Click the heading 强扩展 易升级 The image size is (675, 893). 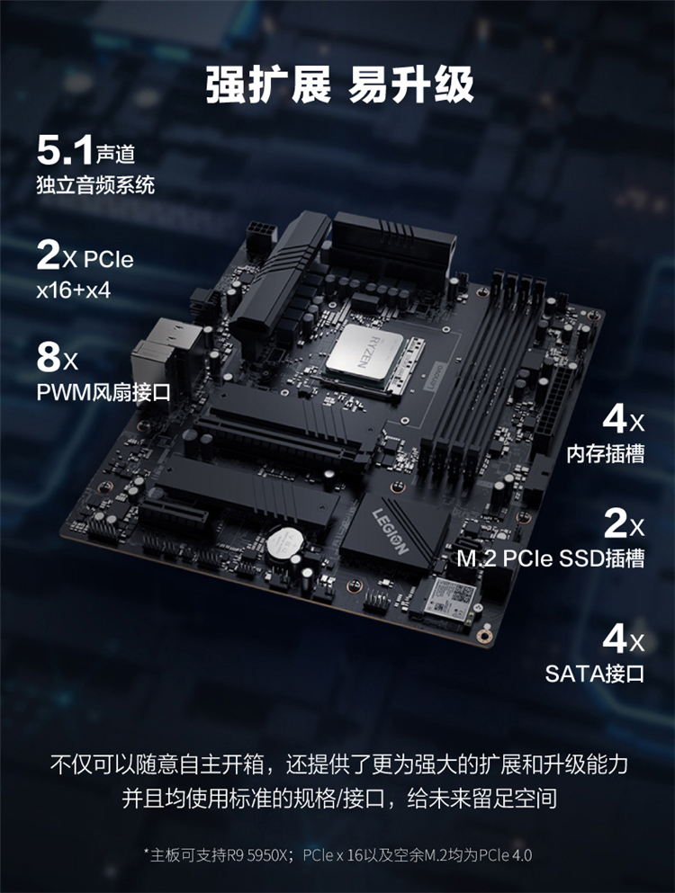pyautogui.click(x=339, y=85)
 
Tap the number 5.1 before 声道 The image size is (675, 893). pyautogui.click(x=65, y=150)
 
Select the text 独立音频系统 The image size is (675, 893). pyautogui.click(x=95, y=185)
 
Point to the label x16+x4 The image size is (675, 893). pyautogui.click(x=74, y=290)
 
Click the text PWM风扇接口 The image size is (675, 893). pyautogui.click(x=103, y=392)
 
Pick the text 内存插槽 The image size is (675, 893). pyautogui.click(x=606, y=453)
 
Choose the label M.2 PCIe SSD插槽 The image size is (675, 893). pyautogui.click(x=551, y=558)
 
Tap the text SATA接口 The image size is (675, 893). pyautogui.click(x=595, y=674)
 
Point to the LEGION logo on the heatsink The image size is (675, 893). pyautogui.click(x=391, y=531)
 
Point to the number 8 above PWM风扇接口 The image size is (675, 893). pyautogui.click(x=49, y=357)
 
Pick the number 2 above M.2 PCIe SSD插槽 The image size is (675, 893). pyautogui.click(x=616, y=522)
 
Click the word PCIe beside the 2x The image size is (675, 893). pyautogui.click(x=108, y=260)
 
